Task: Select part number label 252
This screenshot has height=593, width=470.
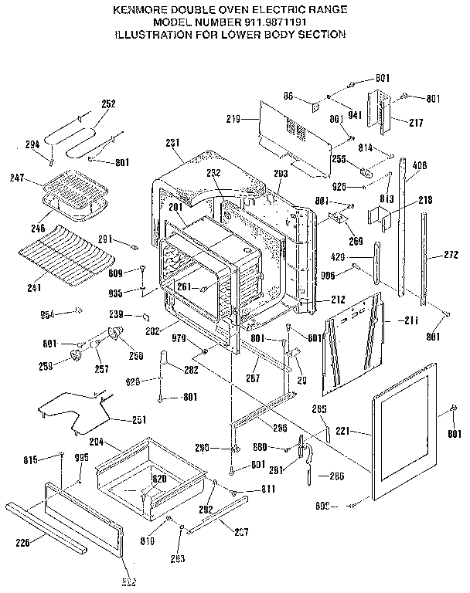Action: pyautogui.click(x=109, y=103)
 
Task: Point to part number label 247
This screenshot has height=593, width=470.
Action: pyautogui.click(x=18, y=178)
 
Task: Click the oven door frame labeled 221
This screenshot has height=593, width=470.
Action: pyautogui.click(x=410, y=440)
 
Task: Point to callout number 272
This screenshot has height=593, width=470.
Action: pyautogui.click(x=451, y=254)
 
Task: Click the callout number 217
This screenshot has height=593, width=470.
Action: pyautogui.click(x=416, y=121)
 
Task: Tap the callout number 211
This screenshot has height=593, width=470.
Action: pyautogui.click(x=410, y=320)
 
